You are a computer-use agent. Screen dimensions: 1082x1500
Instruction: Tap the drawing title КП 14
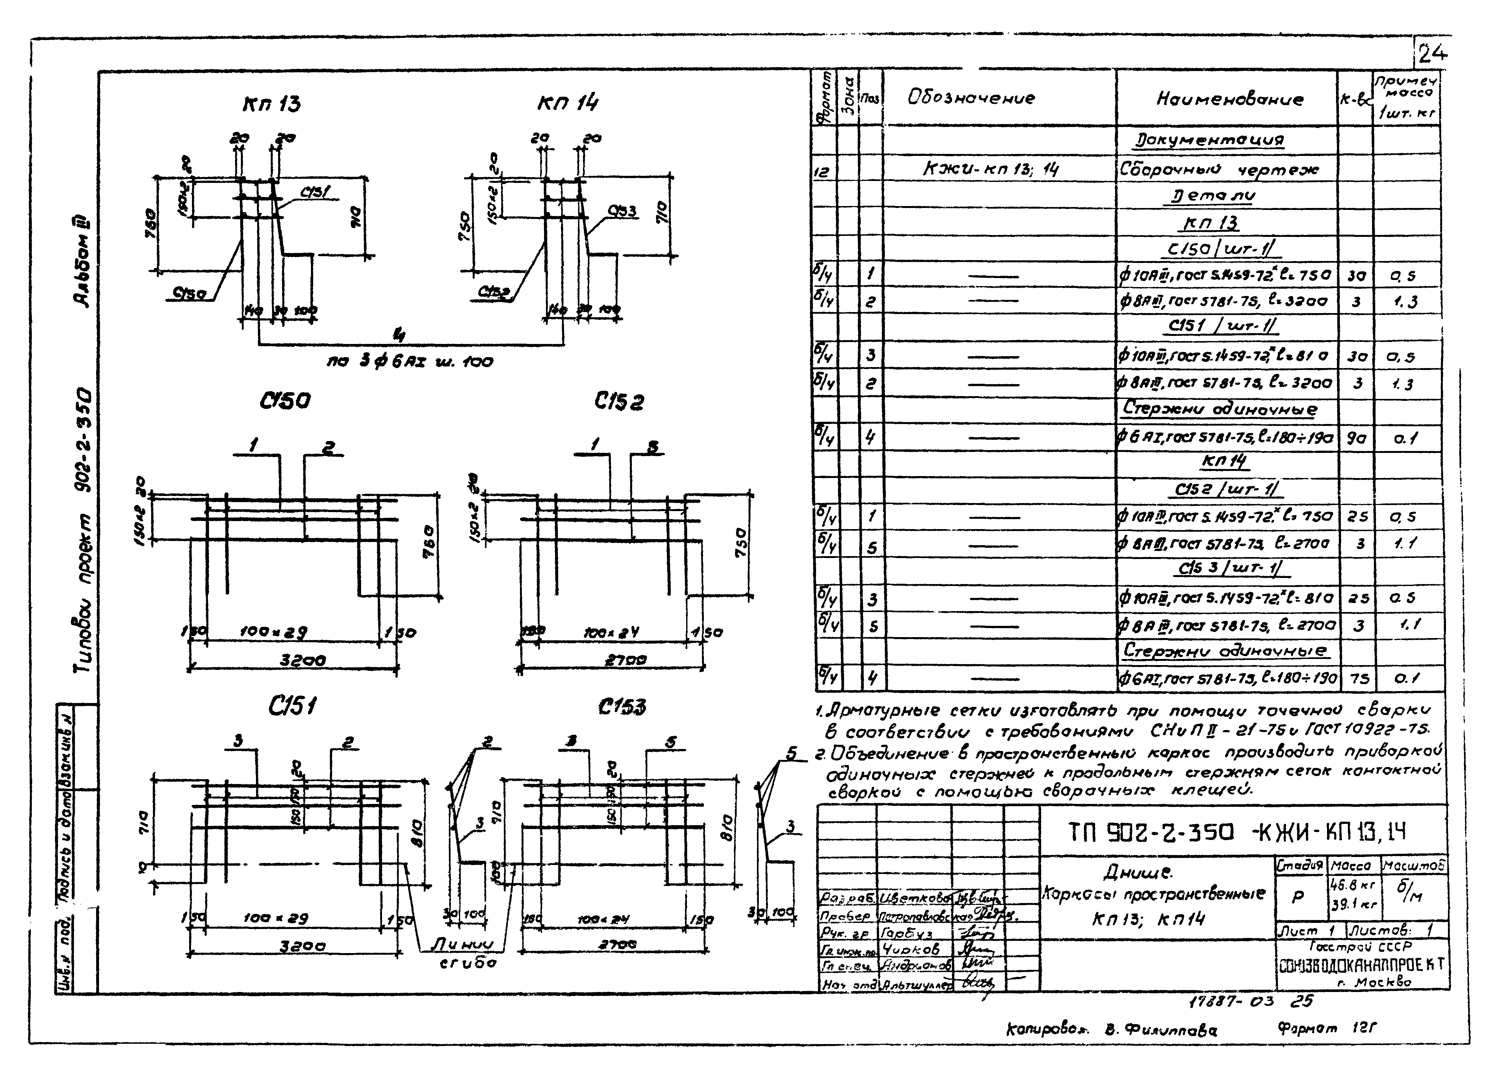568,103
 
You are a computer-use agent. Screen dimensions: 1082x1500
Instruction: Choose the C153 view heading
622,707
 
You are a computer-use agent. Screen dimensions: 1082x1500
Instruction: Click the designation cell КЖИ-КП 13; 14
990,170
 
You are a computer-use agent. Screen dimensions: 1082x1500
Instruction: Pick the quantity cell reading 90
1356,437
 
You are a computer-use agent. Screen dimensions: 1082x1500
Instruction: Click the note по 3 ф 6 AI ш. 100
410,362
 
